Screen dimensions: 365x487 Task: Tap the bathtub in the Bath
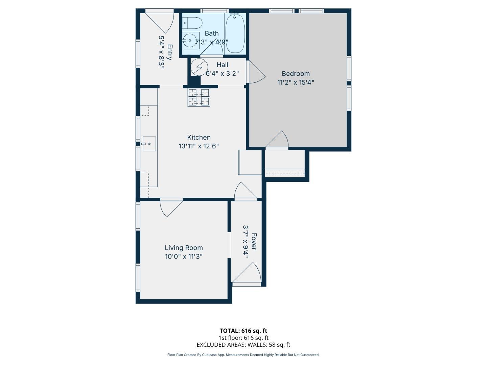(x=235, y=33)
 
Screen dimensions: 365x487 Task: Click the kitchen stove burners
(x=199, y=97)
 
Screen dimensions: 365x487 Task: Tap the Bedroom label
(x=296, y=74)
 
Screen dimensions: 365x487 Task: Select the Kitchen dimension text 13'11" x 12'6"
(x=199, y=146)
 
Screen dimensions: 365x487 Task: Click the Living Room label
(x=184, y=248)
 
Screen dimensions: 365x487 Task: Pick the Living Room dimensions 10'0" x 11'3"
(x=184, y=257)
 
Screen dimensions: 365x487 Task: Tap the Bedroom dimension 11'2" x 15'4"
(x=296, y=82)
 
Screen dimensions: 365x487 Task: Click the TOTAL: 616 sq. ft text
(x=243, y=331)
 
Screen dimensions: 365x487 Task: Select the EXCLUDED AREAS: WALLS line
(x=243, y=345)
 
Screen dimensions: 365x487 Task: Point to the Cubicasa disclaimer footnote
(x=243, y=355)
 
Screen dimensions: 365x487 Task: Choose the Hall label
(x=222, y=65)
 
